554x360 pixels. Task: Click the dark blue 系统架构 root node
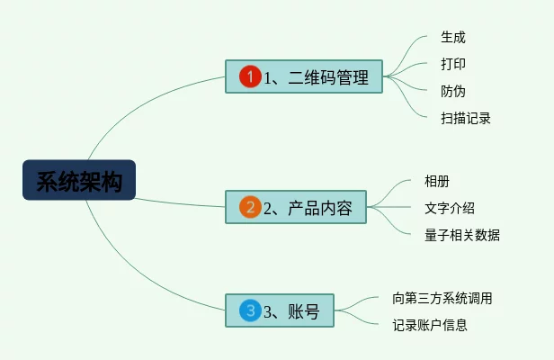(78, 180)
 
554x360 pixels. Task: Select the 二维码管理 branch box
(304, 77)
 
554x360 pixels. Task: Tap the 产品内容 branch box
(296, 207)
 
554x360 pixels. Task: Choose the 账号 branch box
(279, 311)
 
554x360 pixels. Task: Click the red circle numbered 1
(250, 77)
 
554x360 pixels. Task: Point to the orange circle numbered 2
(249, 207)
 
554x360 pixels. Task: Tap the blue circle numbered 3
(249, 311)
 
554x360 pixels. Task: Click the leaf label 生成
(452, 38)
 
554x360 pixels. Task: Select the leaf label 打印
(452, 64)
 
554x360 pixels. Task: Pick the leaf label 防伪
(452, 91)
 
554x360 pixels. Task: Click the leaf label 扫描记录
(465, 118)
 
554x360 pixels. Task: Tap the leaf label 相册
(436, 181)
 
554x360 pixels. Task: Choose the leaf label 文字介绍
(449, 208)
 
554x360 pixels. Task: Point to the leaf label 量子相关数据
(461, 235)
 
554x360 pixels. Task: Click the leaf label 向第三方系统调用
(442, 298)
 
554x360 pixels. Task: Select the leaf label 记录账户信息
(429, 325)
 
